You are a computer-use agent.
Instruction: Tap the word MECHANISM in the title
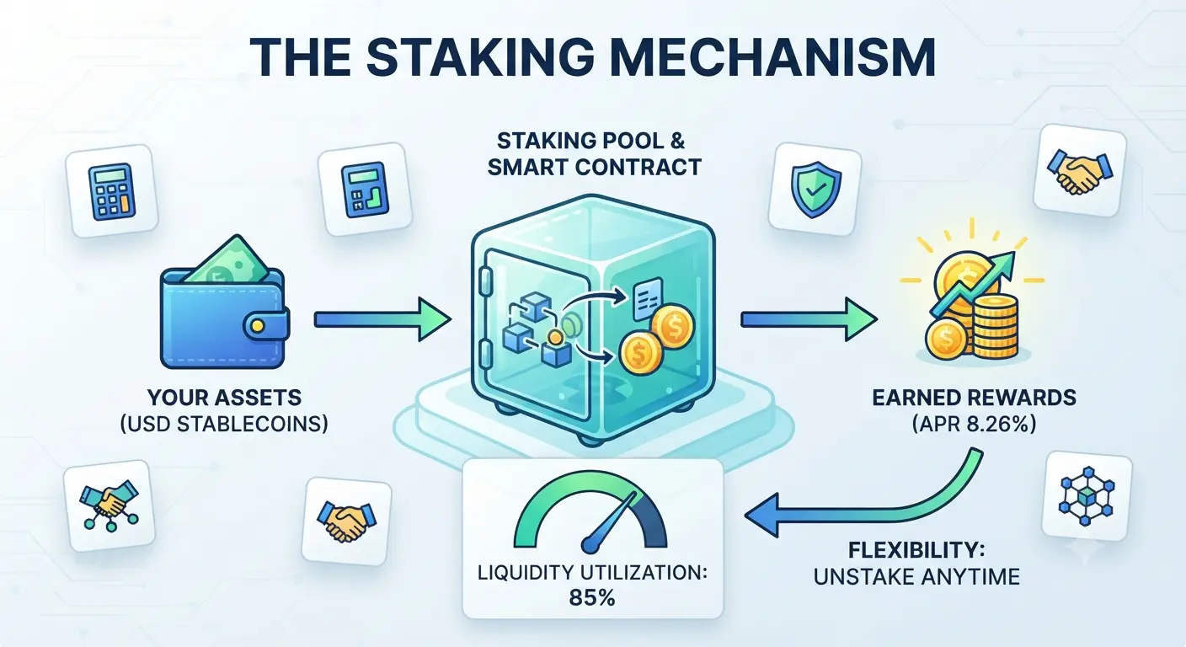point(772,57)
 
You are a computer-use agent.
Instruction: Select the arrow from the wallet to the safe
point(382,319)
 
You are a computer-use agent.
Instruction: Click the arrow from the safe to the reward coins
point(809,319)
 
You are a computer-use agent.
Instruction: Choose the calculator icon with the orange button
point(112,191)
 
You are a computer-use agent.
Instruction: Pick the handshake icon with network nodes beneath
point(109,505)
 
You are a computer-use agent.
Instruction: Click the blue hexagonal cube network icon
point(1087,496)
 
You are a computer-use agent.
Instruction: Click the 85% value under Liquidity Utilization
point(592,598)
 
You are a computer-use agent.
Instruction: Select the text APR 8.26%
point(975,424)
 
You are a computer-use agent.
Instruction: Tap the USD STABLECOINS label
point(224,424)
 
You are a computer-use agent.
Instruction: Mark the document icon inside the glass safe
point(648,299)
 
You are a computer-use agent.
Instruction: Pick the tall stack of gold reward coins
point(996,326)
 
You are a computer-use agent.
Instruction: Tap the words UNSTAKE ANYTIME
point(916,576)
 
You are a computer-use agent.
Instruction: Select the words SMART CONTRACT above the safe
point(594,168)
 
